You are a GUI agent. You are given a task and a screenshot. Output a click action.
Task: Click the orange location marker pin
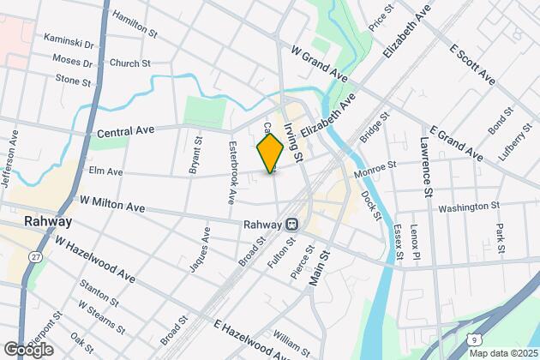pos(271,153)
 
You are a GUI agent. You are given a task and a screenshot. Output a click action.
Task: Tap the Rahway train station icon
pos(292,224)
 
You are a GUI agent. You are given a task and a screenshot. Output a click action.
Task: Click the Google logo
pos(28,349)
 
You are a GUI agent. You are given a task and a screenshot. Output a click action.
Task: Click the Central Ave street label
pos(125,131)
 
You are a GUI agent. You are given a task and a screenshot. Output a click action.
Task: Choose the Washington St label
pos(469,207)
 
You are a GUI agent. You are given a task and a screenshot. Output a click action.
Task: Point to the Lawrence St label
pos(425,165)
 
